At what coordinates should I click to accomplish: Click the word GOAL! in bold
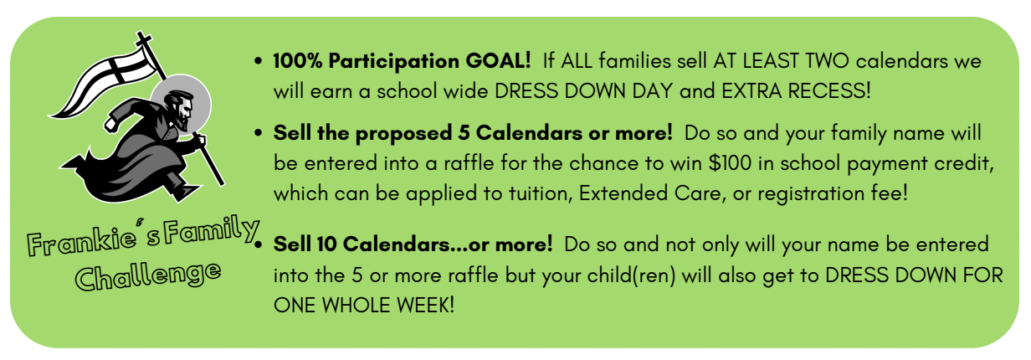click(x=499, y=61)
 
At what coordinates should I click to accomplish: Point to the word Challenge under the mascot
click(x=148, y=275)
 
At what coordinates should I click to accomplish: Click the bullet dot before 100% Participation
click(x=259, y=61)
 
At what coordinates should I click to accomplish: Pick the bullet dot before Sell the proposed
click(x=259, y=133)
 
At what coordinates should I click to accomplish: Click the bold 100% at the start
click(x=298, y=61)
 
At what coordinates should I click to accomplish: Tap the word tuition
click(x=540, y=193)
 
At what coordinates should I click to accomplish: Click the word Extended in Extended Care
click(x=623, y=193)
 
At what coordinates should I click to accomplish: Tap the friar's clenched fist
click(x=111, y=124)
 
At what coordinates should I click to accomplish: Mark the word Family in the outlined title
click(x=211, y=230)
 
